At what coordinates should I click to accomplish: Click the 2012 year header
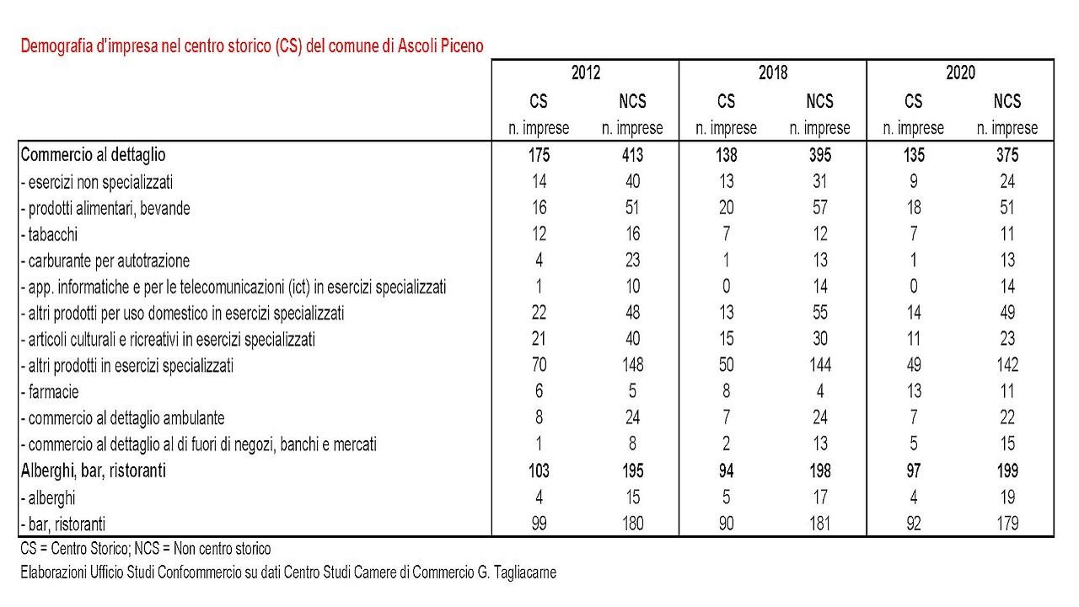(586, 73)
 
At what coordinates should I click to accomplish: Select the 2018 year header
(773, 73)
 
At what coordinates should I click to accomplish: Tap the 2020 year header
(960, 73)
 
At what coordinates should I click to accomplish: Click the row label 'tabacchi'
(49, 234)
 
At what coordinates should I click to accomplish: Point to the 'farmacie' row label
(49, 392)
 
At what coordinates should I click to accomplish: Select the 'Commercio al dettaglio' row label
(93, 155)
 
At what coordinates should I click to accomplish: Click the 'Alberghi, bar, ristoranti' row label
(93, 470)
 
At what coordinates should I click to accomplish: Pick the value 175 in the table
(539, 155)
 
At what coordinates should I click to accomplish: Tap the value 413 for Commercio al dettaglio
(632, 155)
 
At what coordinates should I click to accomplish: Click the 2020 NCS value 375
(1007, 155)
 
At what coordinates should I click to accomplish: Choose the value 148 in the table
(632, 365)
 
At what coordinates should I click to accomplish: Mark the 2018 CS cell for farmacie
(727, 391)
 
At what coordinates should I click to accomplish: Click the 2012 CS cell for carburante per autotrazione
(539, 261)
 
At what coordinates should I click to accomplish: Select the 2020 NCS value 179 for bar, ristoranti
(1007, 524)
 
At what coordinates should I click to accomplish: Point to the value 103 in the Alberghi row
(539, 470)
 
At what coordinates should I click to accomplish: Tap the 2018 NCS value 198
(820, 470)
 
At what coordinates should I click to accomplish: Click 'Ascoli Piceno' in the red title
(440, 46)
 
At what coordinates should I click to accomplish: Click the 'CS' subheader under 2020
(913, 101)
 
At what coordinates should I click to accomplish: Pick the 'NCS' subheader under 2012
(632, 101)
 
